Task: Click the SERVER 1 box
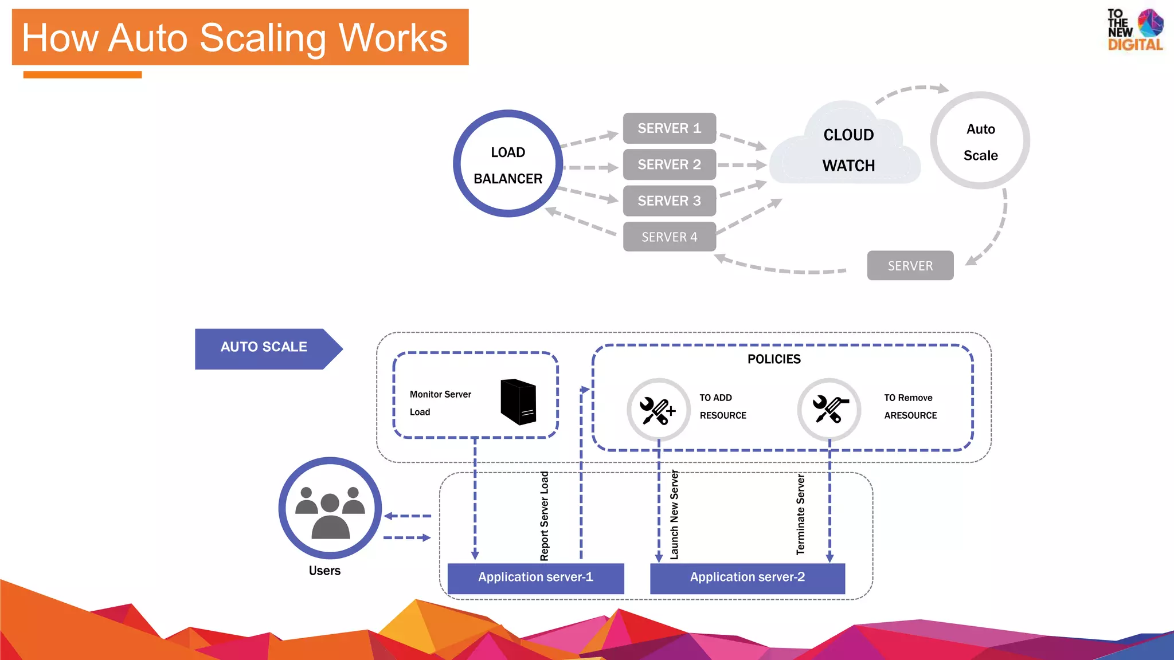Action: pos(669,128)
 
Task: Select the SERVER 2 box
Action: pos(669,164)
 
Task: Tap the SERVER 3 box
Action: pos(669,201)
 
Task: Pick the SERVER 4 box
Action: pos(669,237)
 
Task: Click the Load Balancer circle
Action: pos(508,164)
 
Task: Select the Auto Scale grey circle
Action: pos(980,141)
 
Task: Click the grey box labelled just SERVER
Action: pos(910,266)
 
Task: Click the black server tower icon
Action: pos(518,402)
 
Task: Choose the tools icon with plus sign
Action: pos(658,410)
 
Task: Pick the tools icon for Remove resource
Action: pos(829,409)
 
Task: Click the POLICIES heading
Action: pos(773,359)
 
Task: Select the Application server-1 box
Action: pos(535,577)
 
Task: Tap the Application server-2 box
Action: pos(747,577)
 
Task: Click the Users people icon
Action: pos(330,508)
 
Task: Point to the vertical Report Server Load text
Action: pos(545,516)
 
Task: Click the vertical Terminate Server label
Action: pos(801,514)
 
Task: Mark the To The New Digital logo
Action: pos(1134,30)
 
